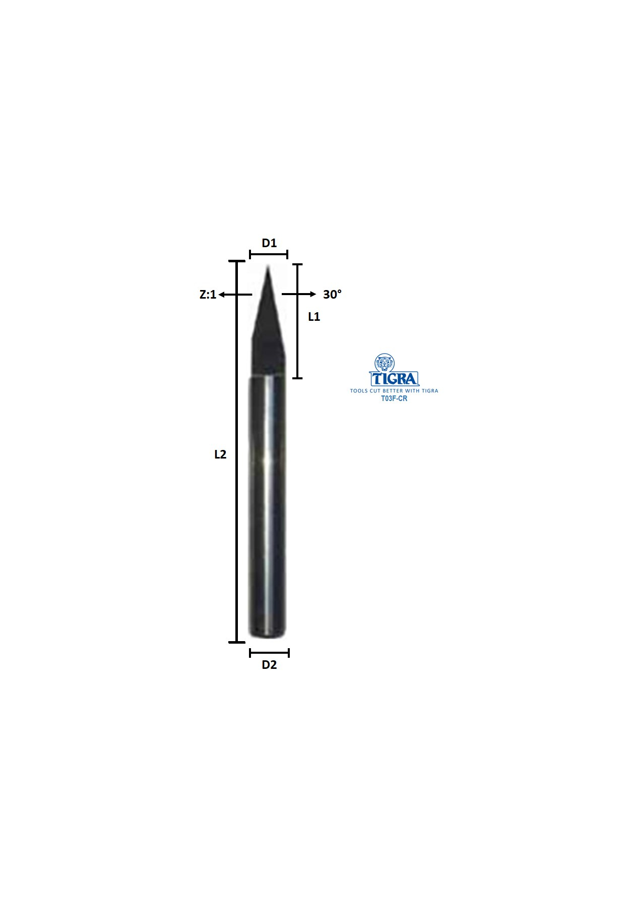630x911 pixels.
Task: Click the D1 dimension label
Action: click(x=269, y=243)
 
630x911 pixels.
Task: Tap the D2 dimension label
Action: click(x=269, y=665)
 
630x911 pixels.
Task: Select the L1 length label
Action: click(x=314, y=317)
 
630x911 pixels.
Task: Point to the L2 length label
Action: click(x=220, y=454)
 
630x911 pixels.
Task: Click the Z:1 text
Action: click(x=208, y=295)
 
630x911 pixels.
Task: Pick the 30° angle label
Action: click(x=332, y=294)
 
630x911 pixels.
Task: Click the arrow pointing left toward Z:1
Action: click(x=235, y=295)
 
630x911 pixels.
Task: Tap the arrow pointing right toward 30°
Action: click(x=299, y=294)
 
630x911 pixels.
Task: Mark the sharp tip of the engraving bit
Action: click(x=268, y=265)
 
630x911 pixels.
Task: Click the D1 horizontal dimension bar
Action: click(x=269, y=254)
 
